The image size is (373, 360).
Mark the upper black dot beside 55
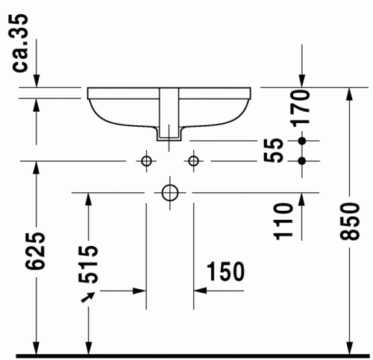tap(302, 141)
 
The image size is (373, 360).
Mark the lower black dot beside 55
tap(302, 160)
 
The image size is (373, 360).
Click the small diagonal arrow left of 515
tap(90, 297)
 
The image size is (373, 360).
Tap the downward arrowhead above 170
tap(302, 80)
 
